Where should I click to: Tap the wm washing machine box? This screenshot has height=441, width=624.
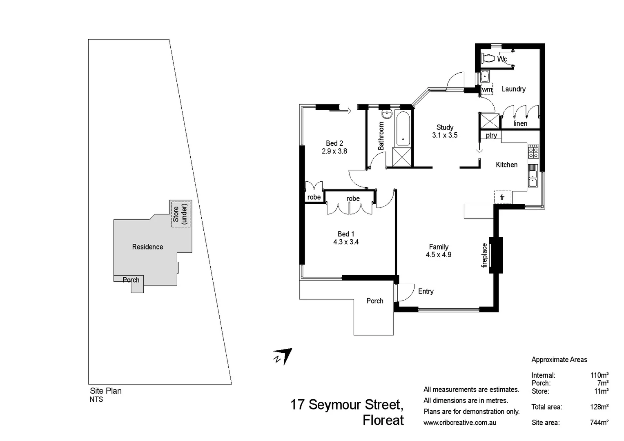487,89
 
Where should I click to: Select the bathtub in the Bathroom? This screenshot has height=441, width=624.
402,129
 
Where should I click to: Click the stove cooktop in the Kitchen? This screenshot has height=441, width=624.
533,151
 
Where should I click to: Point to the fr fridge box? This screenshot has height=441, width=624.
502,197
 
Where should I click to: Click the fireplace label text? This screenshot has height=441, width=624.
485,255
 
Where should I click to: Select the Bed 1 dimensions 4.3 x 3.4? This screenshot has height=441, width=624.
345,242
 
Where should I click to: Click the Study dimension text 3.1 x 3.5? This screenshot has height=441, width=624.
445,135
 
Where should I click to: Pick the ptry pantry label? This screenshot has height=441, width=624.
491,135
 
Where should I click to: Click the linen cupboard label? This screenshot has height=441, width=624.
520,123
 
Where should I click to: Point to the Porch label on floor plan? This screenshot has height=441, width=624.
374,301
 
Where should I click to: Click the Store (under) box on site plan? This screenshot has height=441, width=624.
181,214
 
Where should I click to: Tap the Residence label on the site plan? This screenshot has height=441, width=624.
147,247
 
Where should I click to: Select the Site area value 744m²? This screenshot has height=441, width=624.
599,423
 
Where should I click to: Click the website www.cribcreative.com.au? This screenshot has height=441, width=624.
460,423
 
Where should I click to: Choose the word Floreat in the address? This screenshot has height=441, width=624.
383,420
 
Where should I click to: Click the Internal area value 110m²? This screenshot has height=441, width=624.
599,375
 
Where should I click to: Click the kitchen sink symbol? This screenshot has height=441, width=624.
533,176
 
